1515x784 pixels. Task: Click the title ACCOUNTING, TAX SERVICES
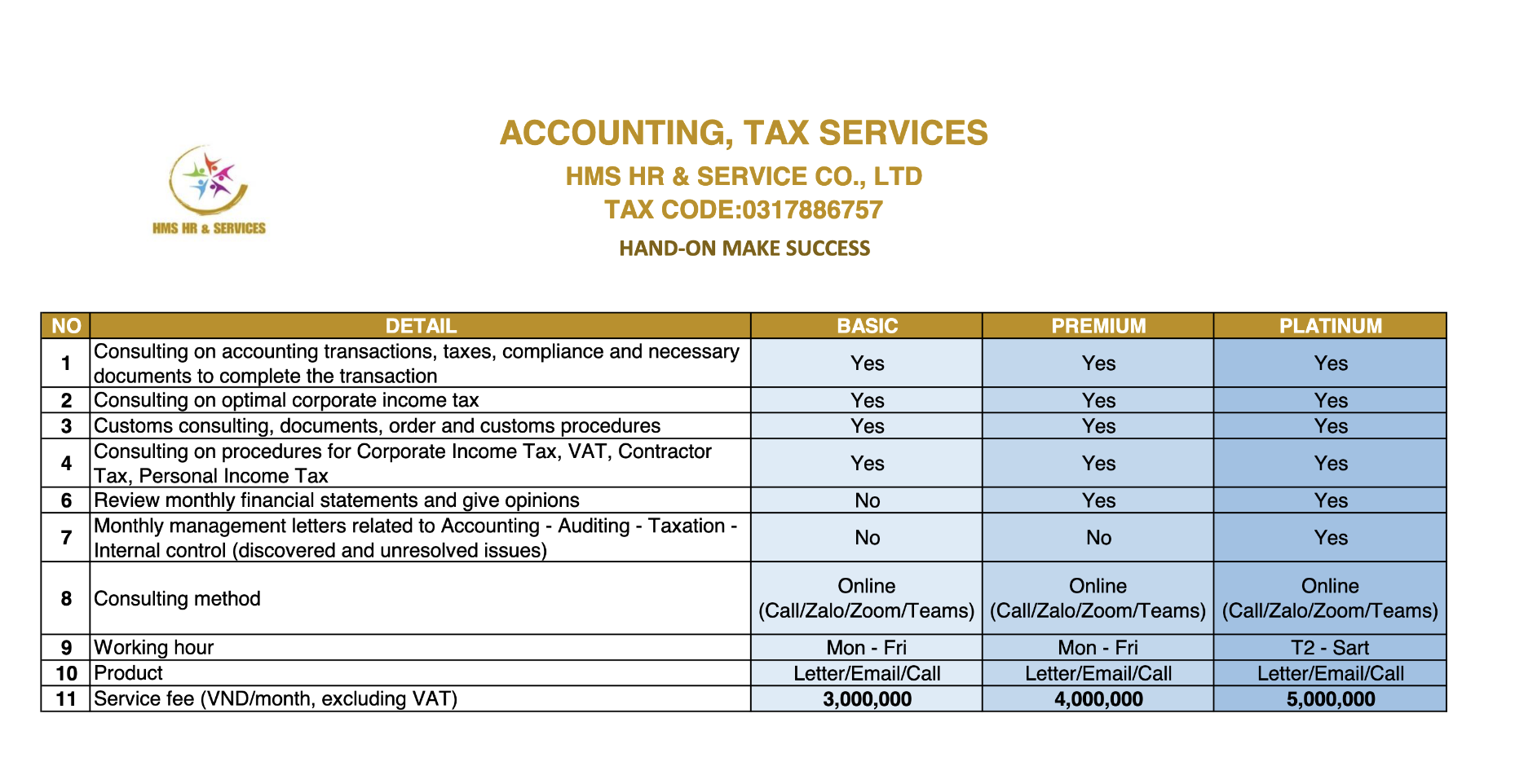pyautogui.click(x=743, y=133)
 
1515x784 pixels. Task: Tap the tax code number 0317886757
pyautogui.click(x=812, y=210)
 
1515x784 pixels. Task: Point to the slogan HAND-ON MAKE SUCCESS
pyautogui.click(x=744, y=249)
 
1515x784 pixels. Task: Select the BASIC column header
pyautogui.click(x=867, y=326)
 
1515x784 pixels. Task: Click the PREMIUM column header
pyautogui.click(x=1098, y=326)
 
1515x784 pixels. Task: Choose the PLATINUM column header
pyautogui.click(x=1330, y=326)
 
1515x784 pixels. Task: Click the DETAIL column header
pyautogui.click(x=421, y=326)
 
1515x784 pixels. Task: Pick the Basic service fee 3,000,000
pyautogui.click(x=867, y=699)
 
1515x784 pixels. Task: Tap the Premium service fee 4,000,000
pyautogui.click(x=1098, y=699)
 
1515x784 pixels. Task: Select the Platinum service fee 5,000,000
pyautogui.click(x=1330, y=699)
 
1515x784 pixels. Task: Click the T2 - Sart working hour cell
pyautogui.click(x=1330, y=648)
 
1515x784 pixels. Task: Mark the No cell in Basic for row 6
pyautogui.click(x=867, y=500)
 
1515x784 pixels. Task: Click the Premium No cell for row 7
pyautogui.click(x=1098, y=538)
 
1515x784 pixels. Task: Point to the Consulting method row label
pyautogui.click(x=177, y=599)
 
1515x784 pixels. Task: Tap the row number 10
pyautogui.click(x=66, y=673)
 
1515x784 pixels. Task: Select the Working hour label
pyautogui.click(x=153, y=648)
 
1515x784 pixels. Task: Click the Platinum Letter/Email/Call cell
pyautogui.click(x=1330, y=674)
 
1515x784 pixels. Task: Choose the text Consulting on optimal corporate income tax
pyautogui.click(x=286, y=400)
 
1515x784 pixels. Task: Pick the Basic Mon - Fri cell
pyautogui.click(x=867, y=648)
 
